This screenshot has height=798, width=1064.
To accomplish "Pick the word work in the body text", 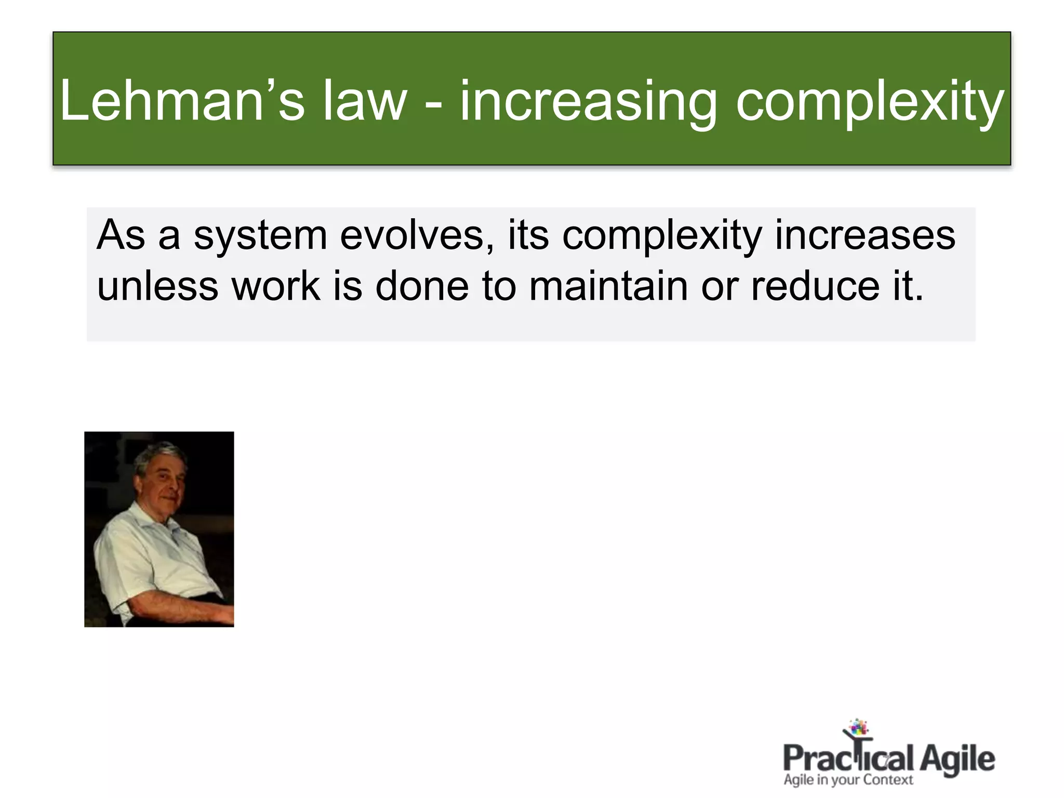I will [276, 287].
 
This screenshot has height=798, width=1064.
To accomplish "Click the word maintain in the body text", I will [608, 287].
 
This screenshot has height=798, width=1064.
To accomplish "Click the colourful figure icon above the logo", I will [858, 730].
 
